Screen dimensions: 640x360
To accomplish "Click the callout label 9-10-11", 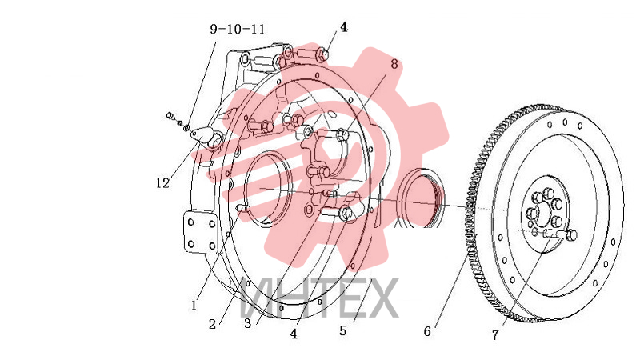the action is pyautogui.click(x=237, y=29).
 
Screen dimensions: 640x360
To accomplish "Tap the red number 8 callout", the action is pyautogui.click(x=394, y=64).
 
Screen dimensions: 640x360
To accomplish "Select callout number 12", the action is pyautogui.click(x=162, y=183).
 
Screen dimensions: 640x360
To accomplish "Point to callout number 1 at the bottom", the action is pyautogui.click(x=194, y=305).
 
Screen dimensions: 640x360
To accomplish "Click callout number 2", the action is pyautogui.click(x=212, y=324).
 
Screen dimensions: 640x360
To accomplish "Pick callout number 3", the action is pyautogui.click(x=248, y=324).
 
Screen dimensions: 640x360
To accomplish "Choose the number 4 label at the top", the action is pyautogui.click(x=344, y=27).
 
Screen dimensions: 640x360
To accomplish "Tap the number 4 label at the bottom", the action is pyautogui.click(x=294, y=334).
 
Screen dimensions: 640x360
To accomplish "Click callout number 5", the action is pyautogui.click(x=343, y=330).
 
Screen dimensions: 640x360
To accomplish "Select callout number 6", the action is pyautogui.click(x=427, y=331).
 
